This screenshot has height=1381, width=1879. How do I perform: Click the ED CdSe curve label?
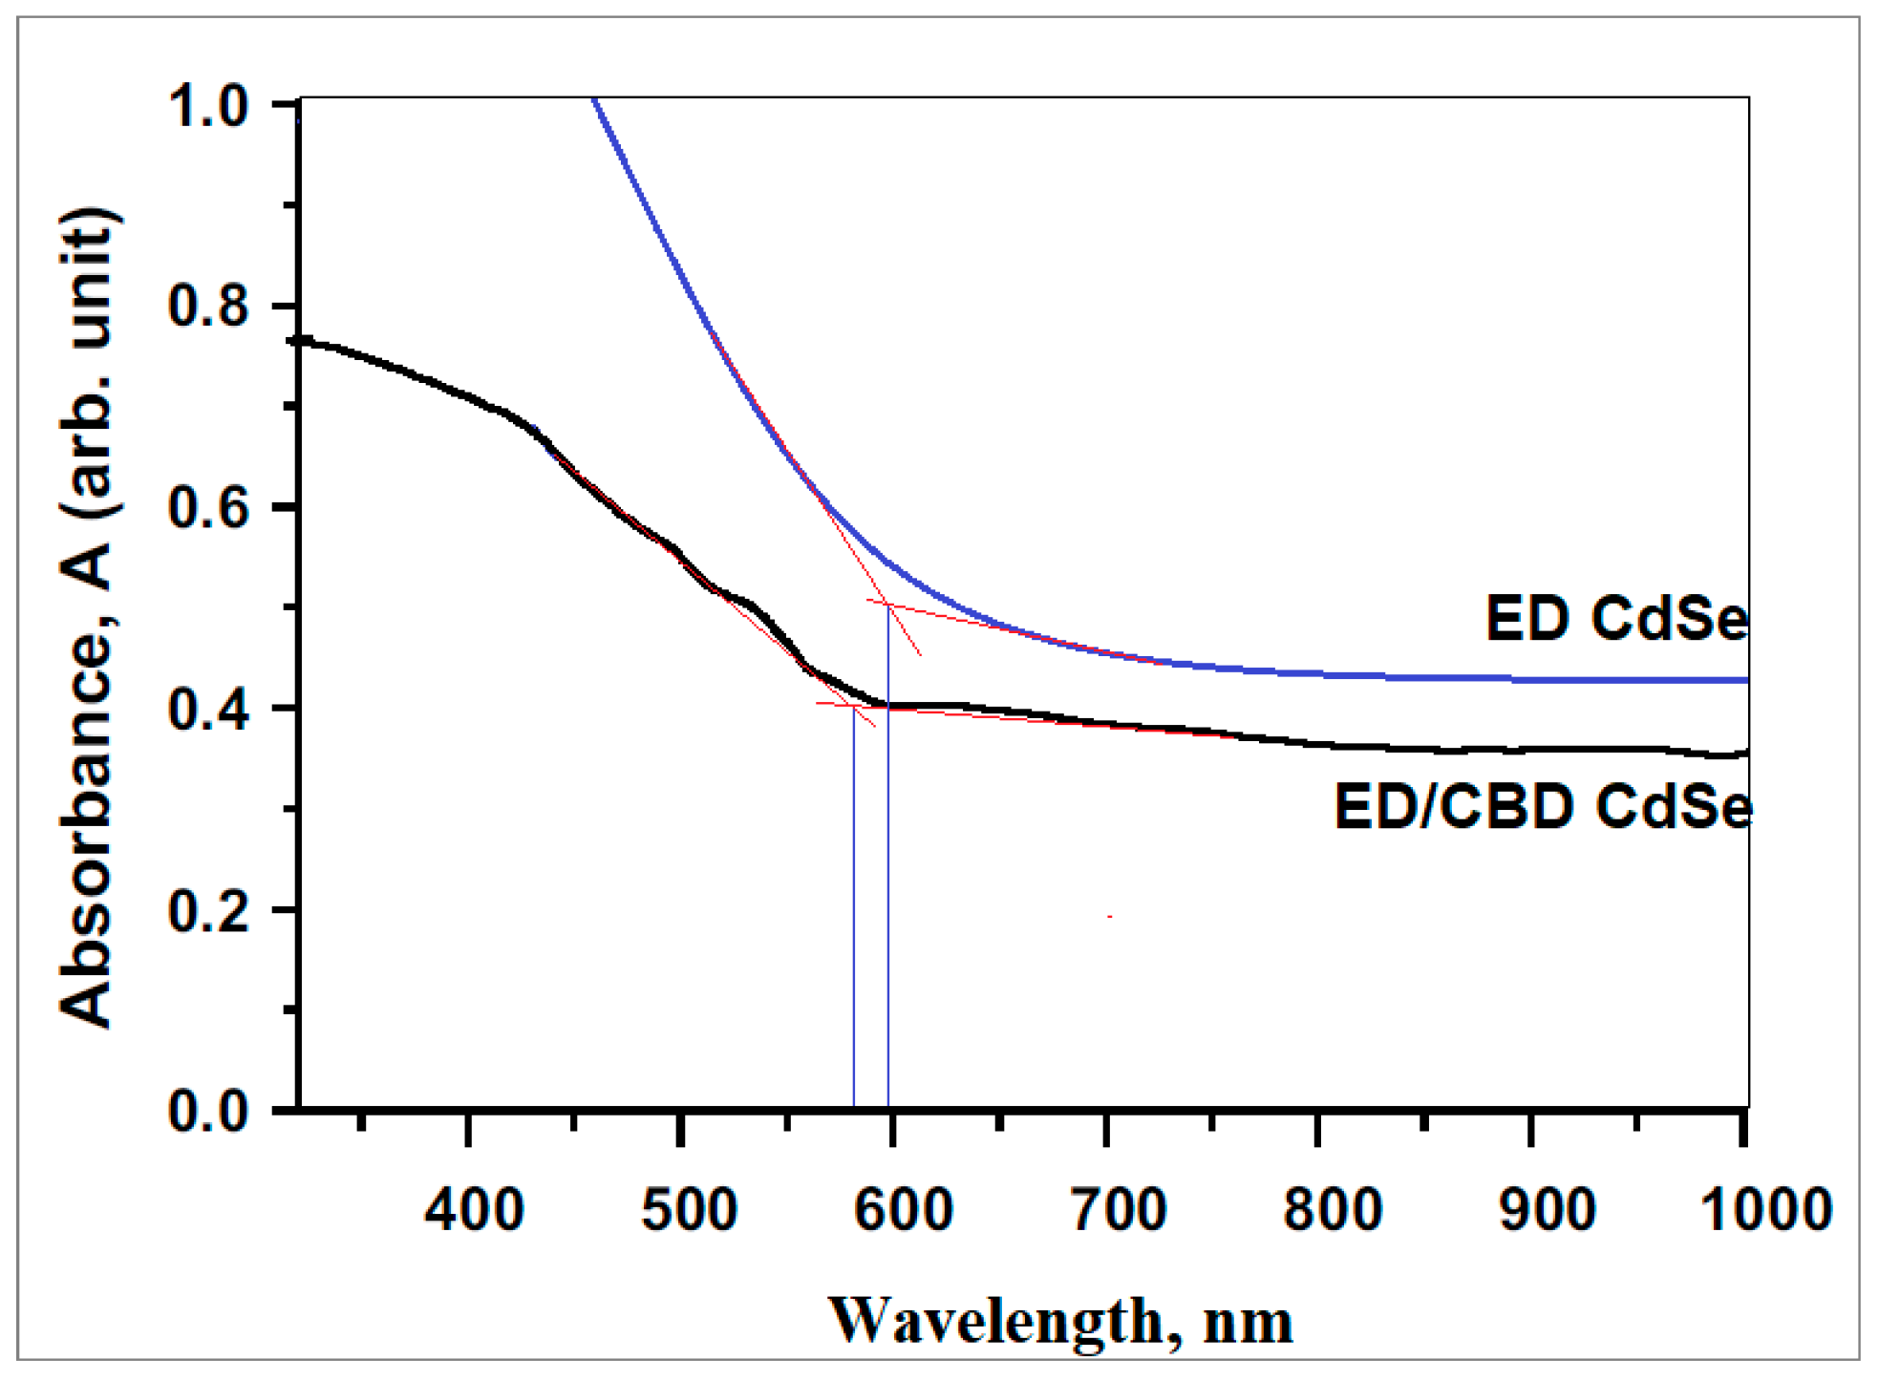(1616, 619)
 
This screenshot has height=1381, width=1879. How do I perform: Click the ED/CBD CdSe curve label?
(1542, 806)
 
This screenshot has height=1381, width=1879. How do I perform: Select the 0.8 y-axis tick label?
(207, 307)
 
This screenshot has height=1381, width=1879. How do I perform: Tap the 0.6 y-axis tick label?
(207, 507)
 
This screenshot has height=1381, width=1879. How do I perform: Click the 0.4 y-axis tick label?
(207, 710)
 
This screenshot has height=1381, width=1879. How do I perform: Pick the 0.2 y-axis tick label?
(207, 911)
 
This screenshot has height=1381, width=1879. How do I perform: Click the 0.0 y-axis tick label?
(207, 1112)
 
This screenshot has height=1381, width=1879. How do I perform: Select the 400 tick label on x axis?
(474, 1210)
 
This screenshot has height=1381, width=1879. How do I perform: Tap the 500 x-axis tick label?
(688, 1210)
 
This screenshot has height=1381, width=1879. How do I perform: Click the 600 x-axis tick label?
(902, 1210)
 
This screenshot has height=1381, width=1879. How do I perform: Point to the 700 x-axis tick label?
(1118, 1210)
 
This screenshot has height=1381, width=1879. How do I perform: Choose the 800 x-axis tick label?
(1331, 1210)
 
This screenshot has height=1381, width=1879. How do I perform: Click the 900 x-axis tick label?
(1546, 1210)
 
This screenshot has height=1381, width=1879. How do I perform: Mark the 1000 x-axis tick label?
(1765, 1210)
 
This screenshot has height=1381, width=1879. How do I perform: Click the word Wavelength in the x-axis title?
(993, 1322)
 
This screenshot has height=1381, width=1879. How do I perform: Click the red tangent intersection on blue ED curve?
(888, 604)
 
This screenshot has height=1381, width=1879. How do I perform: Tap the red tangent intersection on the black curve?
(853, 706)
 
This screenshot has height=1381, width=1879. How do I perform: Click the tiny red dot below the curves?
(1109, 917)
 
